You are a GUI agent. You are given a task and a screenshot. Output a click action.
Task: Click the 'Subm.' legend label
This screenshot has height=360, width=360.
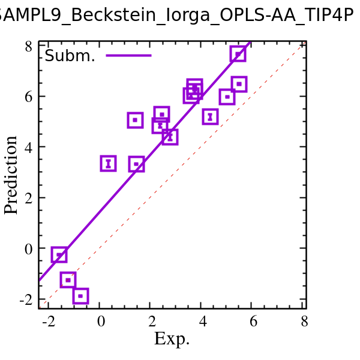click(70, 56)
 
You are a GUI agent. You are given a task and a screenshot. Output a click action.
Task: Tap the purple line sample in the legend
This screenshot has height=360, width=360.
click(128, 56)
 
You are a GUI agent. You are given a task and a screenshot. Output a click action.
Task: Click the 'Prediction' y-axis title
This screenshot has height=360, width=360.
click(11, 175)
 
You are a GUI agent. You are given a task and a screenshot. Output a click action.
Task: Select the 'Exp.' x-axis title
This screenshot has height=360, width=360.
click(172, 339)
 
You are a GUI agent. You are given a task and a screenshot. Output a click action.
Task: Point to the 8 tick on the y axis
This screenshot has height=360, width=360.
click(29, 46)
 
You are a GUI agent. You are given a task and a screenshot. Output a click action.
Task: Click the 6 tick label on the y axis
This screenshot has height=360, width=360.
click(29, 97)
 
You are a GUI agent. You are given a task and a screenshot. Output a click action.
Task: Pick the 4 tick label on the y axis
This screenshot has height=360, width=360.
click(29, 148)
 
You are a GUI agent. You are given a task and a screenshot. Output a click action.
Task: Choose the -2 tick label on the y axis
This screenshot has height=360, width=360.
click(26, 299)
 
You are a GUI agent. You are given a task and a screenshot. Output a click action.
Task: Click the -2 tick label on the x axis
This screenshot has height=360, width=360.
click(49, 322)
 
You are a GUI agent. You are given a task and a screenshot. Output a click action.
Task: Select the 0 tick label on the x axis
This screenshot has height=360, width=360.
click(101, 322)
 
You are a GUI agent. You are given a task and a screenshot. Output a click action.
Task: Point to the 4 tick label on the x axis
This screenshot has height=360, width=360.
click(203, 322)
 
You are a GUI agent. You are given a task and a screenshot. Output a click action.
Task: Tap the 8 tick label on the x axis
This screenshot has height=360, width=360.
click(305, 322)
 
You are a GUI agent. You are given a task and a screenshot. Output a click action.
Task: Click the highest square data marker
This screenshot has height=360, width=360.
click(238, 54)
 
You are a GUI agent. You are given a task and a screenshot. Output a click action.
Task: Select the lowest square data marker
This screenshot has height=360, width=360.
click(80, 295)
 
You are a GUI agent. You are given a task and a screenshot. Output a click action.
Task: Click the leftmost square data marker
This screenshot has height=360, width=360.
click(59, 255)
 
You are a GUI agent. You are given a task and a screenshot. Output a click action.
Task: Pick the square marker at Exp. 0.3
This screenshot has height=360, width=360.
click(108, 163)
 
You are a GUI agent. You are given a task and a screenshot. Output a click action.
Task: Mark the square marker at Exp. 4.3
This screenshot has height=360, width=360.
click(210, 116)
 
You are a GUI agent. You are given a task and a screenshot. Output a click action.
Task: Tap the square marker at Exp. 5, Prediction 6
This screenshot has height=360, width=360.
click(227, 97)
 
